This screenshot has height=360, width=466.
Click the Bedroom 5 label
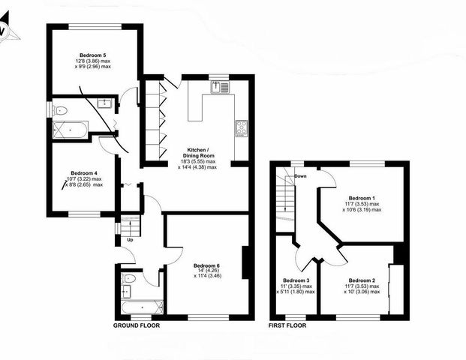(x=95, y=55)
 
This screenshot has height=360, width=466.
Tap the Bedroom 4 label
(x=84, y=172)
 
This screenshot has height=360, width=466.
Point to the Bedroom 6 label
(x=206, y=265)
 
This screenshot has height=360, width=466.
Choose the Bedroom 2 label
(x=362, y=280)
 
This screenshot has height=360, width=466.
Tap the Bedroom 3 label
(x=296, y=280)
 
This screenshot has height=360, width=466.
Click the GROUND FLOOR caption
(x=137, y=327)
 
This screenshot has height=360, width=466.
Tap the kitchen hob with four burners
(x=242, y=128)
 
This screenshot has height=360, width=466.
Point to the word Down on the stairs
(x=301, y=176)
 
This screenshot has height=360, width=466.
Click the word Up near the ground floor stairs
(x=130, y=239)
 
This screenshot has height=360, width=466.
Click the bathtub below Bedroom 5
(x=69, y=130)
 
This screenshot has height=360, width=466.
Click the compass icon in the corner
(x=5, y=32)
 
